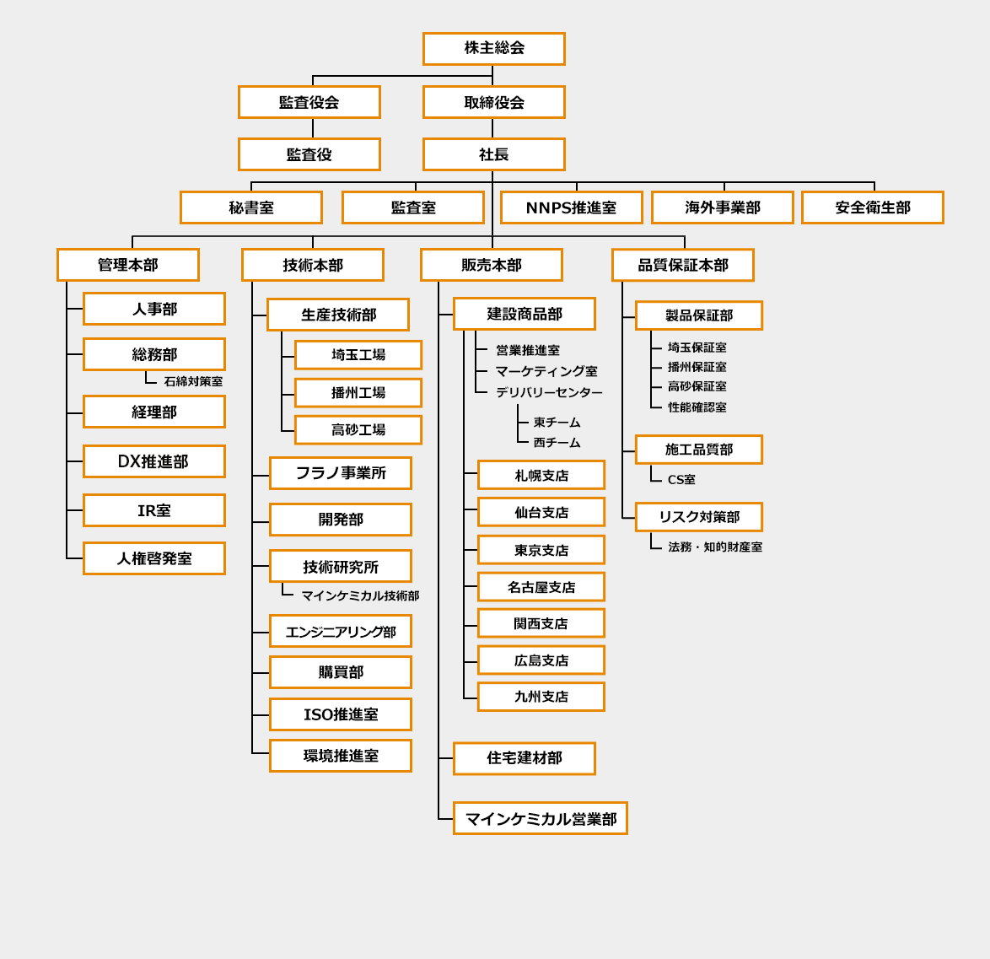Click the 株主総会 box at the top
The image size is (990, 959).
coord(493,49)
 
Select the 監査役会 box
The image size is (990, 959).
coord(309,102)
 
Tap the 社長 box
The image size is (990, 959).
coord(493,154)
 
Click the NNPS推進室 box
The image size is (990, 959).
coord(571,207)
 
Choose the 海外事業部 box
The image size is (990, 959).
coord(722,207)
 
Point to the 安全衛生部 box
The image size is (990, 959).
coord(872,207)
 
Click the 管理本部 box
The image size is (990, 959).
coord(127,265)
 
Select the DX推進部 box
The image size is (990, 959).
coord(153,461)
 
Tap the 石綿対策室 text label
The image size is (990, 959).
coord(193,381)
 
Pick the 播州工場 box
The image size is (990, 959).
coord(358,393)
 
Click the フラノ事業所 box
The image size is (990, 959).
coord(340,473)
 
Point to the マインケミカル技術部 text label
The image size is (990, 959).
coord(360,595)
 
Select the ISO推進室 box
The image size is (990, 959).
coord(340,714)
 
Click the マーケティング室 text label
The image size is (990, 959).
coord(546,371)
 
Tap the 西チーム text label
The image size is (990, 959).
coord(557,442)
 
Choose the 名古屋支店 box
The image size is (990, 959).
coord(541,587)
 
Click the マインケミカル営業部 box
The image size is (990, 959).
coord(540,818)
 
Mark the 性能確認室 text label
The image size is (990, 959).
coord(697,407)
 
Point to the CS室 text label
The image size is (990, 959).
coord(681,480)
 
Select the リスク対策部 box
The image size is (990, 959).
coord(698,517)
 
